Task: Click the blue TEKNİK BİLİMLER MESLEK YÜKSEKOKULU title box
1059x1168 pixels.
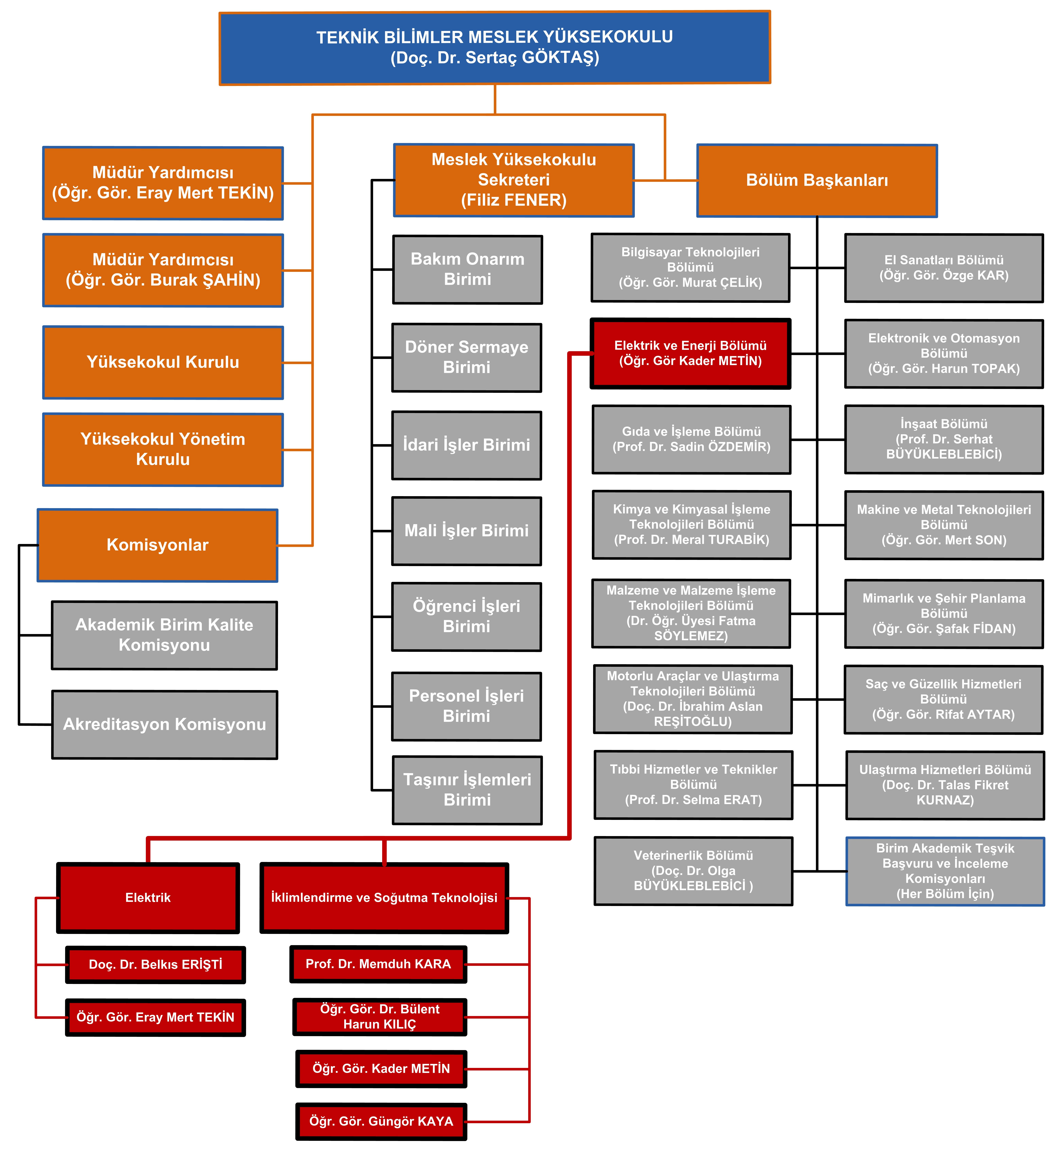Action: [495, 48]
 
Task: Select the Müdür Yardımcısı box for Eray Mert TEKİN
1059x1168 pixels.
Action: [163, 183]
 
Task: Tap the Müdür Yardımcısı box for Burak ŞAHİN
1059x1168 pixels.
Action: [163, 270]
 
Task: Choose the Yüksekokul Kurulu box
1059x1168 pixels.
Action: [163, 362]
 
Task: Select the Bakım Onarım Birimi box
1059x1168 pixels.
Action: [468, 269]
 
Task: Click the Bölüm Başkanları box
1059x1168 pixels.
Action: [817, 181]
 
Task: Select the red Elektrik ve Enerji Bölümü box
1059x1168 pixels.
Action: [691, 353]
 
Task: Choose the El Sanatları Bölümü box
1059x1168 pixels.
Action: [944, 268]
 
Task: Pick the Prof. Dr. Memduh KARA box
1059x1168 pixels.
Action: [378, 964]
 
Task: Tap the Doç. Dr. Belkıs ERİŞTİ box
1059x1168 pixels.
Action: [155, 965]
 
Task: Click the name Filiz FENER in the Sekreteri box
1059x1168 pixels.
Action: [514, 200]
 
